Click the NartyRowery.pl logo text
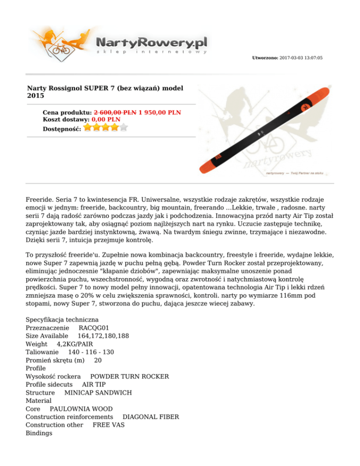[151, 42]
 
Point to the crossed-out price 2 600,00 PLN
[115, 113]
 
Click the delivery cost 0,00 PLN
[103, 120]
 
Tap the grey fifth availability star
[124, 127]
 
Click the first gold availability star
[88, 127]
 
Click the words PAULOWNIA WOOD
[81, 409]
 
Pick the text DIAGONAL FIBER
[150, 417]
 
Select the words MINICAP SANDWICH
[98, 392]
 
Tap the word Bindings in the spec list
[39, 434]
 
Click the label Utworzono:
[265, 58]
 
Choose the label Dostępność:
[61, 128]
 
